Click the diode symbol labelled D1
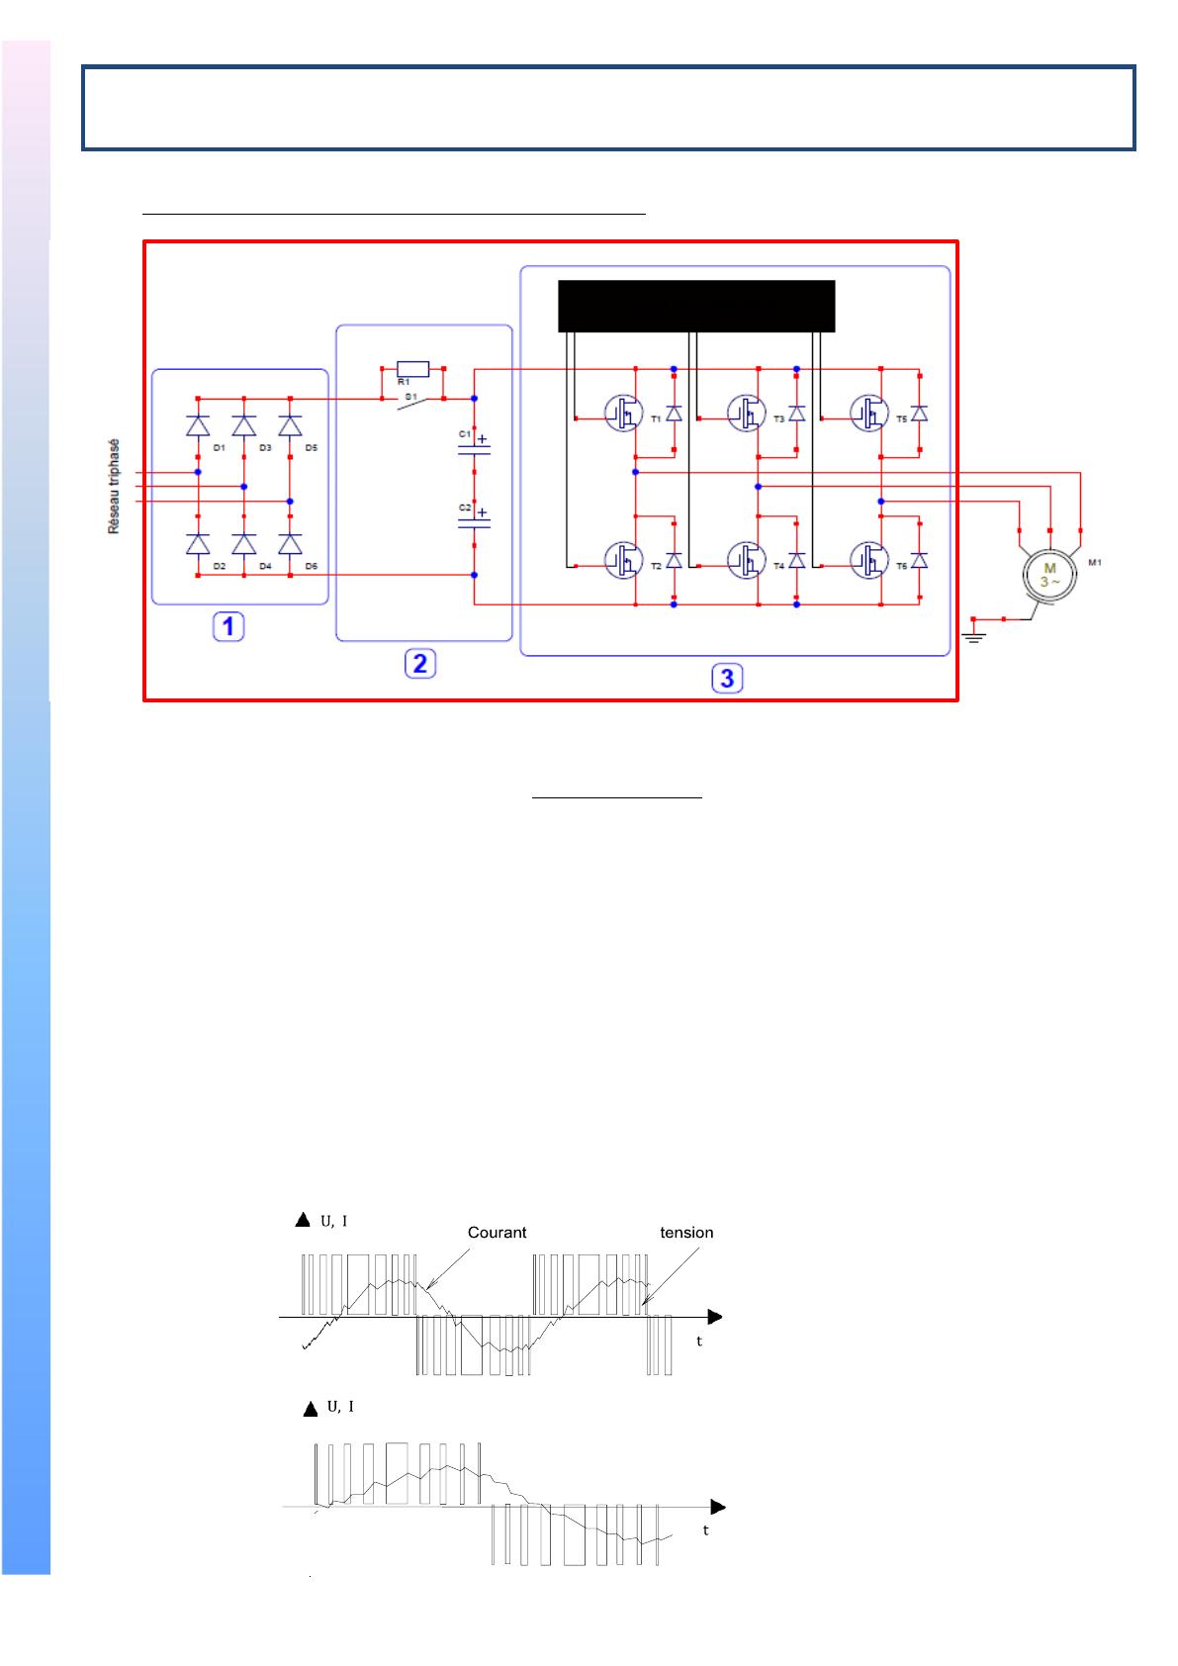[198, 426]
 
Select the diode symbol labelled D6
[290, 544]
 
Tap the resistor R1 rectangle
[412, 369]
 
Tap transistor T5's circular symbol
[867, 412]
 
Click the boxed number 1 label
[228, 626]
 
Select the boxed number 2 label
[419, 663]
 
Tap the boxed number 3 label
[727, 678]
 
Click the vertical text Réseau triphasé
[114, 487]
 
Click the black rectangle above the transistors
[696, 306]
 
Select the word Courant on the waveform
[497, 1233]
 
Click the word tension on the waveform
[686, 1233]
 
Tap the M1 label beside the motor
[1094, 564]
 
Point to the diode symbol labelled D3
[244, 426]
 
